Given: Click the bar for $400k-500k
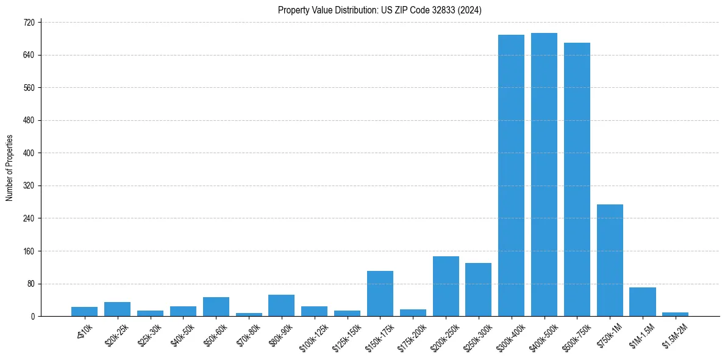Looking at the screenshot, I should pyautogui.click(x=544, y=175).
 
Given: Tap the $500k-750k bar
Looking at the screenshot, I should pyautogui.click(x=577, y=179).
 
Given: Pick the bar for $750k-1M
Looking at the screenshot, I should pyautogui.click(x=610, y=260).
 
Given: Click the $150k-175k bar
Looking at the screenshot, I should pyautogui.click(x=380, y=293).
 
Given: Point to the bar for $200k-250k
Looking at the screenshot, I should pyautogui.click(x=446, y=286).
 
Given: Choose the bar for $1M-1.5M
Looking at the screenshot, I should pyautogui.click(x=642, y=301).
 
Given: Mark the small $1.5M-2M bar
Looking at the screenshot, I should pyautogui.click(x=675, y=314).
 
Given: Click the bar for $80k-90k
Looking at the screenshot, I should pyautogui.click(x=281, y=305).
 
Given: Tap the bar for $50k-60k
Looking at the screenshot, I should pyautogui.click(x=216, y=306).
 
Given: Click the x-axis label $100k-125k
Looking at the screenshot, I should pyautogui.click(x=314, y=333).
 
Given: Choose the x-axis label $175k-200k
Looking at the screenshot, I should pyautogui.click(x=412, y=333).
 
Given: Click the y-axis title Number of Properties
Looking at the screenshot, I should pyautogui.click(x=9, y=168).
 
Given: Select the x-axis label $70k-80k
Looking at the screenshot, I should pyautogui.click(x=249, y=331).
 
